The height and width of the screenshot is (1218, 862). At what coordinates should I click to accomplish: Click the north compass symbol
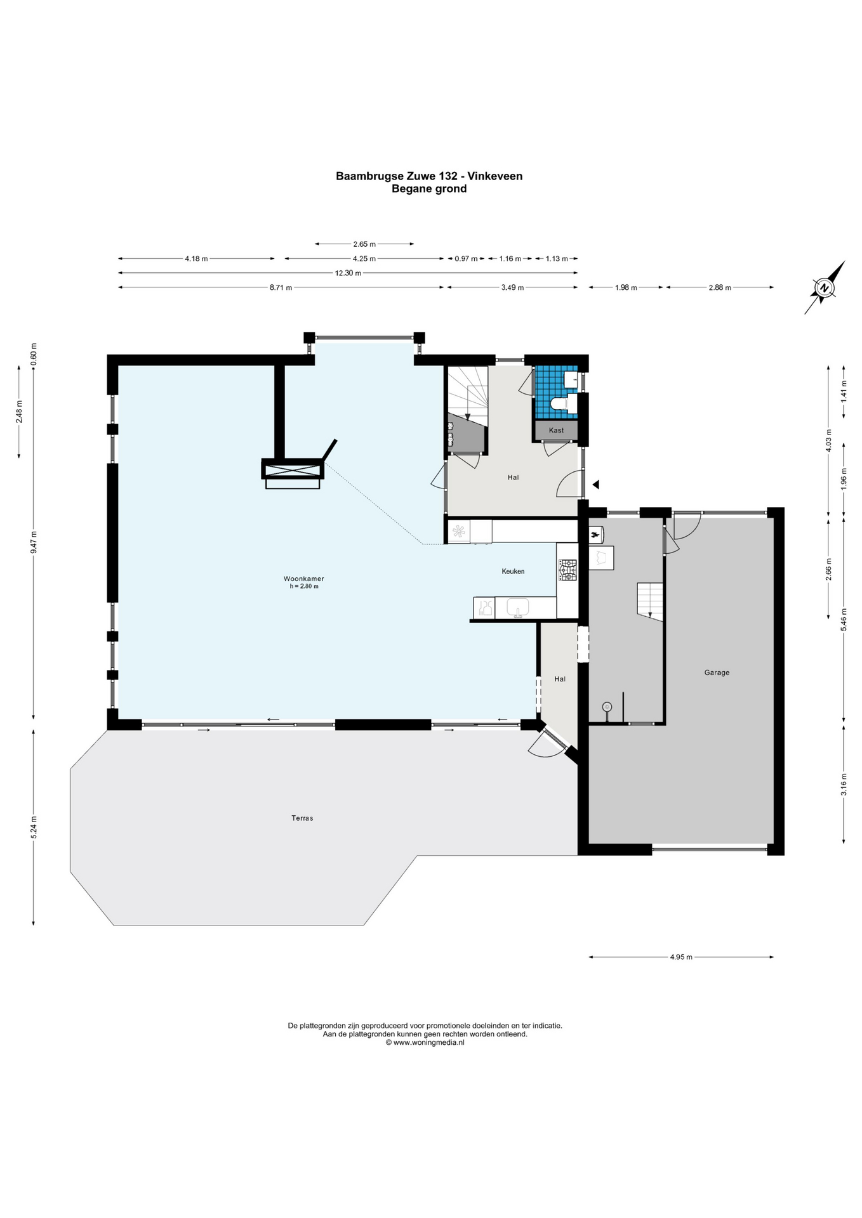pyautogui.click(x=825, y=287)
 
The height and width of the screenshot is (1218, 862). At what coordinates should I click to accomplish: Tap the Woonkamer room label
pyautogui.click(x=303, y=579)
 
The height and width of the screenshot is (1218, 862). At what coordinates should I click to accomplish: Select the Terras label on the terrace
pyautogui.click(x=302, y=818)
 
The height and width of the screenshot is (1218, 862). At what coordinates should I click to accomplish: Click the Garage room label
pyautogui.click(x=717, y=672)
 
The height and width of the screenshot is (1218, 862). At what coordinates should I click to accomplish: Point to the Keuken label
pyautogui.click(x=513, y=571)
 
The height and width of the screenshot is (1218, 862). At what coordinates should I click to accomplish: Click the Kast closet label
pyautogui.click(x=556, y=430)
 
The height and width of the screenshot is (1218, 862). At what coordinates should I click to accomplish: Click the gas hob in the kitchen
pyautogui.click(x=567, y=570)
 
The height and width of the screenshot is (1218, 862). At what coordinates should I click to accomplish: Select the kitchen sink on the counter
pyautogui.click(x=518, y=607)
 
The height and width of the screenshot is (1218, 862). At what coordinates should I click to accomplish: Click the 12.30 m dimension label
pyautogui.click(x=348, y=273)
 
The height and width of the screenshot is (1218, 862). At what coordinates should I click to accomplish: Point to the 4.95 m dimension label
pyautogui.click(x=681, y=957)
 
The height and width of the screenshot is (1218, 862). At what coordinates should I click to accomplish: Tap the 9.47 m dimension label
pyautogui.click(x=34, y=542)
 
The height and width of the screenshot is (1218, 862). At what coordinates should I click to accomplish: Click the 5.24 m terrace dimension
pyautogui.click(x=34, y=827)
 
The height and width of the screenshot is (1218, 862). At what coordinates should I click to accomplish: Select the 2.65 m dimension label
pyautogui.click(x=364, y=244)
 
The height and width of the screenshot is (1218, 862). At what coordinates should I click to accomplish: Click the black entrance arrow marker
pyautogui.click(x=595, y=485)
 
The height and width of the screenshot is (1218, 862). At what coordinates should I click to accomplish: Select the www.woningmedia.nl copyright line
pyautogui.click(x=425, y=1042)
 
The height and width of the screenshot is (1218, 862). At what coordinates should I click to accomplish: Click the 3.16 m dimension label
pyautogui.click(x=844, y=784)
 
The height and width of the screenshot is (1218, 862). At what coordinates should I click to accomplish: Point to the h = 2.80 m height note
pyautogui.click(x=304, y=586)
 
